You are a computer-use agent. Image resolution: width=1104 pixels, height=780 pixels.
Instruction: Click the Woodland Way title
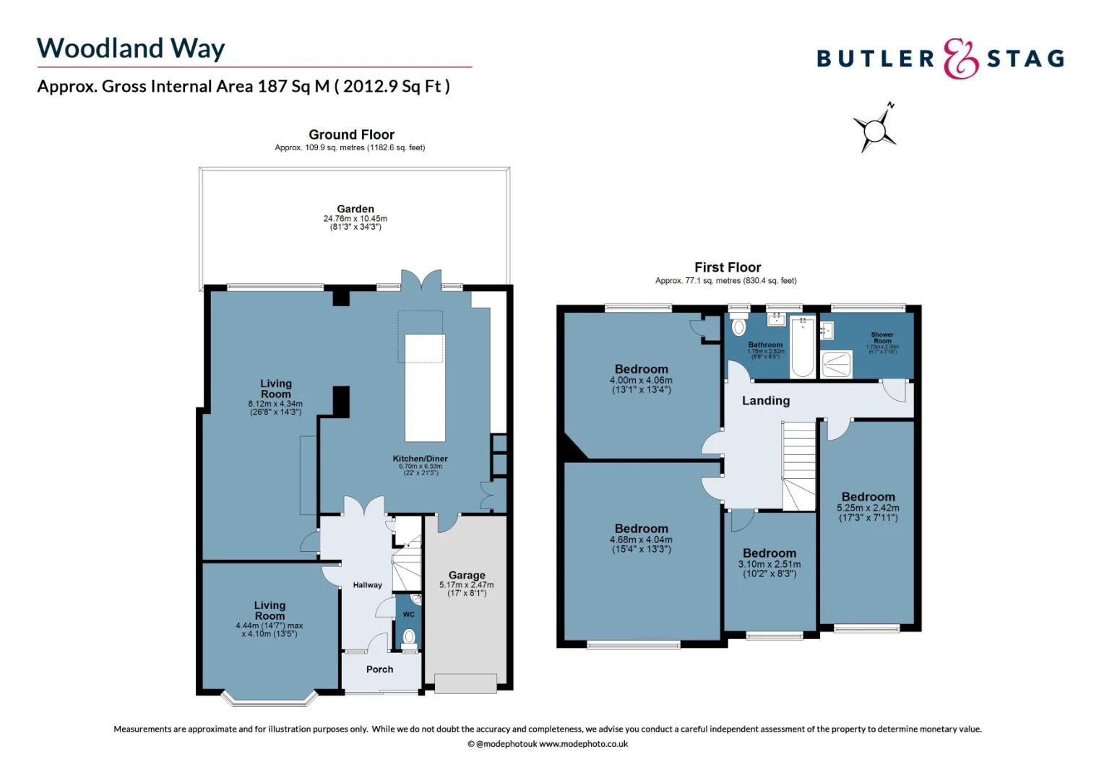131,48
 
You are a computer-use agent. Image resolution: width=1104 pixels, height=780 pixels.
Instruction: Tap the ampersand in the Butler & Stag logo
961,58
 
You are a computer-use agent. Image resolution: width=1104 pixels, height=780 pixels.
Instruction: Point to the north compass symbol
875,131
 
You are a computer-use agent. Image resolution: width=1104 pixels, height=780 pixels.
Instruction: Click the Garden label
355,209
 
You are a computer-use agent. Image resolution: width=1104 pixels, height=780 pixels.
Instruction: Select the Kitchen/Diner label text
420,459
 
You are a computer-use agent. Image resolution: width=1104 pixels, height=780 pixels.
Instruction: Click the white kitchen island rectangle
425,387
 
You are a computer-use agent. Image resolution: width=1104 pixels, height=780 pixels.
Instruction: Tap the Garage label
467,576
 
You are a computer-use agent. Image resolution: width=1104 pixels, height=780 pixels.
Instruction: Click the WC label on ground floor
408,615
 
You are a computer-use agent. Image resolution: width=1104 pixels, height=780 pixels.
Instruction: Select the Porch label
379,669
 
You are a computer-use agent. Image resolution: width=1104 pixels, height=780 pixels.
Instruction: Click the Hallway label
367,585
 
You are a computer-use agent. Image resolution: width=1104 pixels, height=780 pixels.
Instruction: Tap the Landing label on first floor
766,401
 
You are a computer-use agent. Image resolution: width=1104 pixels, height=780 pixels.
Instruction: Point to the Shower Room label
882,337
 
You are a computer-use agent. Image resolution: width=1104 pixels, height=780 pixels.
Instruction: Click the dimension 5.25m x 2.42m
868,508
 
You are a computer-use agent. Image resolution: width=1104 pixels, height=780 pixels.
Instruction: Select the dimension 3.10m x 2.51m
769,564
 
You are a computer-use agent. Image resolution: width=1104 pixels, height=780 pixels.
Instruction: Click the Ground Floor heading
351,134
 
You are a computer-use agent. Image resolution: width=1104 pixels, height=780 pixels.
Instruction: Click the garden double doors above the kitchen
421,280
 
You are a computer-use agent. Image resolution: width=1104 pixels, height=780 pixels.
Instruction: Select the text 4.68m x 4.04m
641,539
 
